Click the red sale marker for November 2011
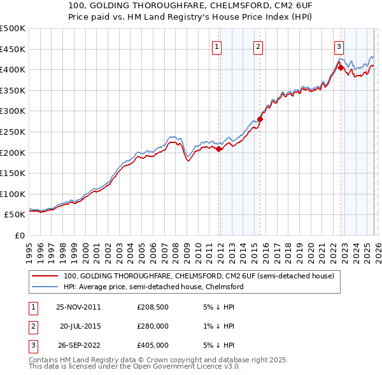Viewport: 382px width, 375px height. (219, 149)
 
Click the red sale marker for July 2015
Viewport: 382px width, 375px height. (260, 119)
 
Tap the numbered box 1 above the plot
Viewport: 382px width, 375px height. (217, 46)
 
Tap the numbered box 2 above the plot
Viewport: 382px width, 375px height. (258, 46)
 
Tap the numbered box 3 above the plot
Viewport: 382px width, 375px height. (339, 46)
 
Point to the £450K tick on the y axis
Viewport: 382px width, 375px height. (13, 49)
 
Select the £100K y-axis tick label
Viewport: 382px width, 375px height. (13, 194)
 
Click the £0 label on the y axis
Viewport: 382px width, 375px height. (19, 236)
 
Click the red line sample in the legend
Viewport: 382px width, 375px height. (46, 276)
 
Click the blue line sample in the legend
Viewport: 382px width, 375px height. (46, 287)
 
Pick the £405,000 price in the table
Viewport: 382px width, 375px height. (153, 345)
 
